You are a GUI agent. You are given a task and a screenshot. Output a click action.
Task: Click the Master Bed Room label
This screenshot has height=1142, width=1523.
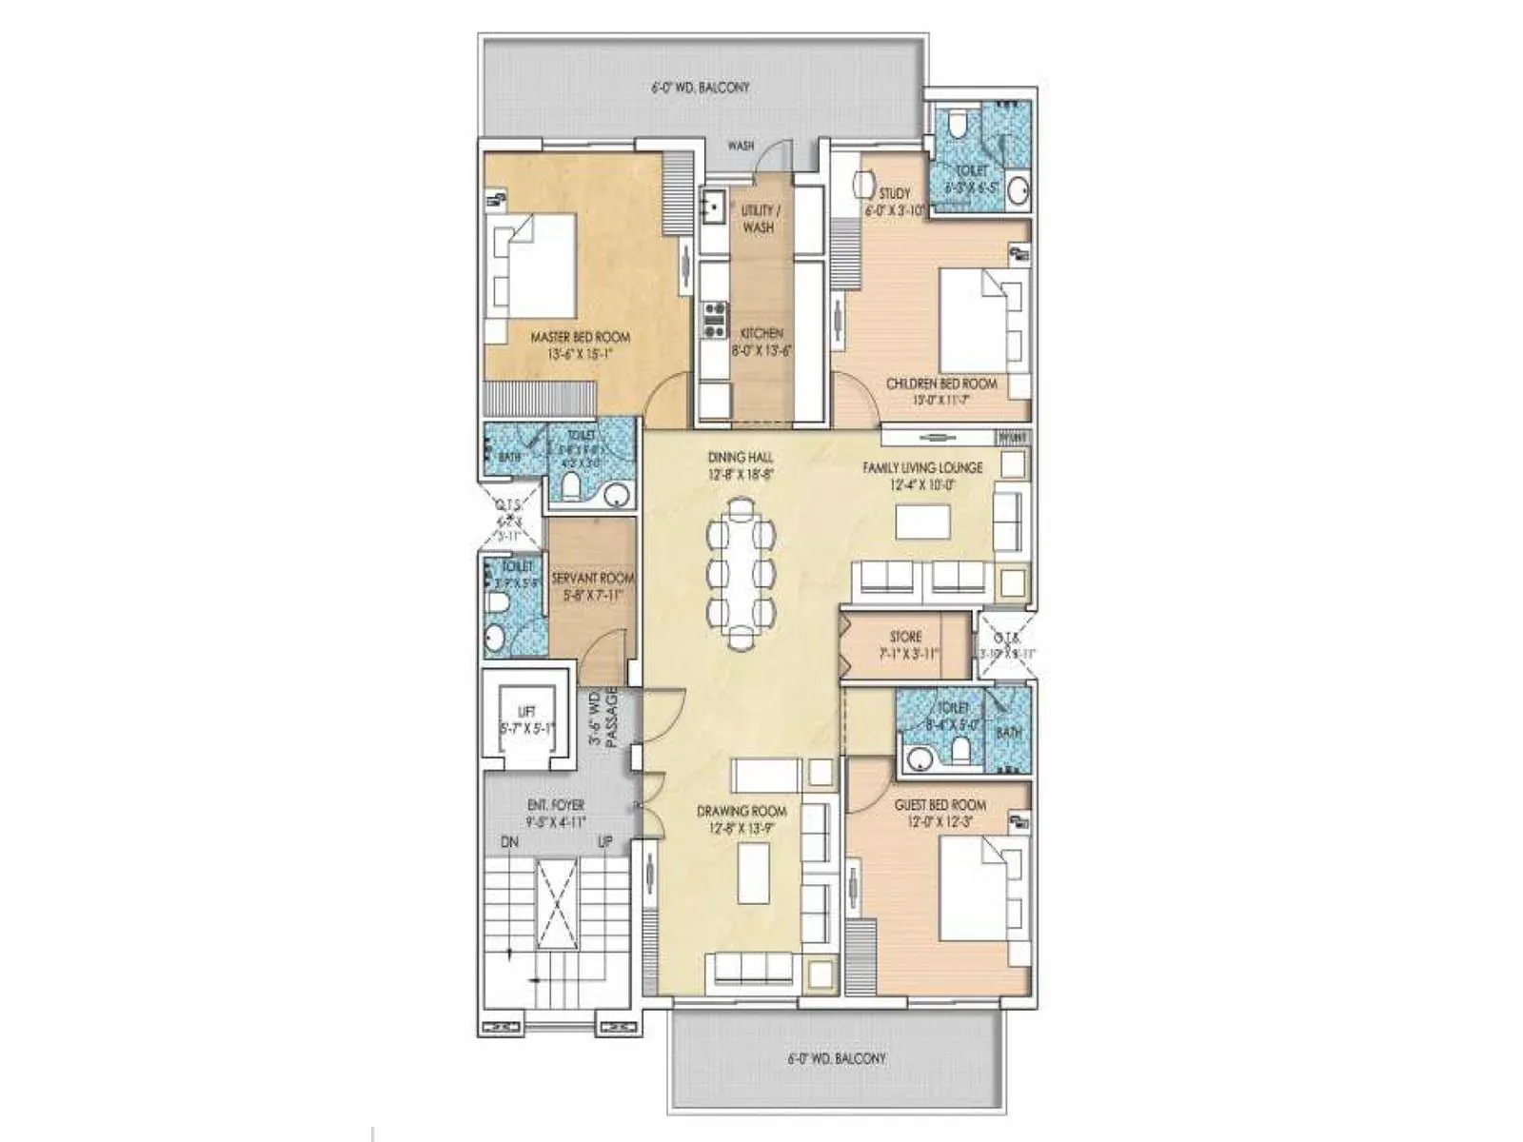pos(580,337)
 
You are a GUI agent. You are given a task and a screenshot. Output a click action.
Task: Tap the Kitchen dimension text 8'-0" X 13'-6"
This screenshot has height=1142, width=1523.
pos(761,350)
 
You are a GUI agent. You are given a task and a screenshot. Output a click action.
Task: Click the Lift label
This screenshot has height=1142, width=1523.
pos(526,712)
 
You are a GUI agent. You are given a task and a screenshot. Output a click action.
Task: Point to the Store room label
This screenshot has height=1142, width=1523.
pos(905,637)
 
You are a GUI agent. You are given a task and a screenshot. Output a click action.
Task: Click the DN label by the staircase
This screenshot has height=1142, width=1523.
pos(510,842)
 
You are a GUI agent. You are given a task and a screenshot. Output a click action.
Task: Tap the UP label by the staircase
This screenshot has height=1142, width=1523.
pos(604,842)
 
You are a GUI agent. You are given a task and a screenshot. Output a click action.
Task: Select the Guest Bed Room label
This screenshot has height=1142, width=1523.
pos(940,805)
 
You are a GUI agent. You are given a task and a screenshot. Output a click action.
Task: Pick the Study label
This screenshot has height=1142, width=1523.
pos(894,193)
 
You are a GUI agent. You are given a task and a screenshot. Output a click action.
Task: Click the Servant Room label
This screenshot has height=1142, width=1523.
pos(592,578)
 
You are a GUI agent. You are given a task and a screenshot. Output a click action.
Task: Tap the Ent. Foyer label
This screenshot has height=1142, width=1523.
pos(556,805)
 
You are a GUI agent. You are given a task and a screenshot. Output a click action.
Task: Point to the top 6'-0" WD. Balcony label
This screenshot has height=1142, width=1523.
pos(701,88)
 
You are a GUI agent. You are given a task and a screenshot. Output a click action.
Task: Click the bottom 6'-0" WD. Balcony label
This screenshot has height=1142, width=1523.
pos(836,1058)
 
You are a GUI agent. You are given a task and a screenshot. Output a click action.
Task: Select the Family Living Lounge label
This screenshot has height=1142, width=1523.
pos(922,468)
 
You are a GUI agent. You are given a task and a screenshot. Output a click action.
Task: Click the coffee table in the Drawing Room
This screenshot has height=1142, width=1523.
pos(755,872)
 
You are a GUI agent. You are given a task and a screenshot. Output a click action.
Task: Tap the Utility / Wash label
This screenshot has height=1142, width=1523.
pos(758,218)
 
